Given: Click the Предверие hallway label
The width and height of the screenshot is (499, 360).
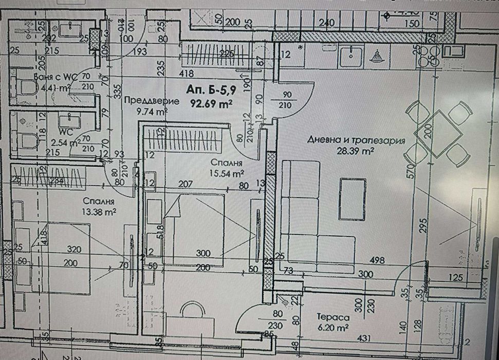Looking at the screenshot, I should click(152, 101).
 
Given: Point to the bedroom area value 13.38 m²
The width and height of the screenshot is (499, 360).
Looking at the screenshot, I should click(100, 211).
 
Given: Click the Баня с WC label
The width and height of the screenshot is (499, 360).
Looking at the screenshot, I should click(54, 77).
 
